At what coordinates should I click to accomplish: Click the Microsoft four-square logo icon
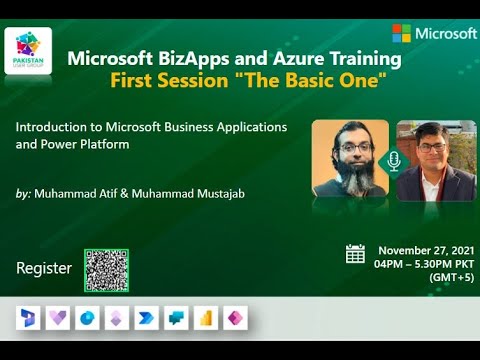(x=402, y=33)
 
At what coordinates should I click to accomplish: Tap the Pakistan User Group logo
(x=28, y=51)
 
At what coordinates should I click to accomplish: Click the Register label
(x=44, y=268)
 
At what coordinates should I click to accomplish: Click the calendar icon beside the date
(x=355, y=253)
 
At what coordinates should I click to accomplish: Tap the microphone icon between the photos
(x=393, y=161)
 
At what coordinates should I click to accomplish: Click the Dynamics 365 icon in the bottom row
(x=27, y=319)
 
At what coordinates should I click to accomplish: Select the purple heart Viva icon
(x=56, y=319)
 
